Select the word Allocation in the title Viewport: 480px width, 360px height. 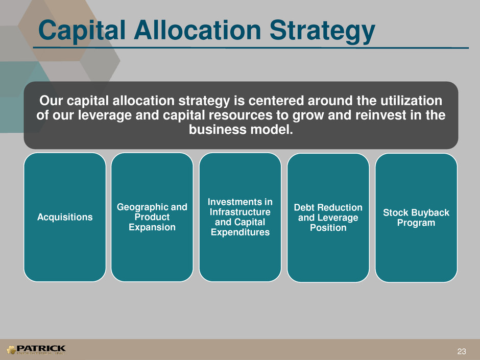coord(198,30)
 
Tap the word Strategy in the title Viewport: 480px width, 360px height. coord(322,31)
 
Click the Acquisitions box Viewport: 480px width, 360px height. coord(65,217)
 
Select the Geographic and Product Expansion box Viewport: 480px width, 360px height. coord(152,217)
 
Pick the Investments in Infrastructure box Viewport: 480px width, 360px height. coord(241,217)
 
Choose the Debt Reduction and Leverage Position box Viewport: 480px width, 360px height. coord(328,218)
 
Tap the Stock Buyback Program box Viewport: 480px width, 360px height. coord(416,218)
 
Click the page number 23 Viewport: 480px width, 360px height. coord(462,351)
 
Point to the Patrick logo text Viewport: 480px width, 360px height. coord(41,348)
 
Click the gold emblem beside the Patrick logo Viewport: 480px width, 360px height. coord(11,350)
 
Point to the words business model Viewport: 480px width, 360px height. coord(241,130)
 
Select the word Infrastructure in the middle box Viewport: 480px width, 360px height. coord(241,212)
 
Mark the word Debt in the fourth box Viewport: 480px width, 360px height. coord(304,207)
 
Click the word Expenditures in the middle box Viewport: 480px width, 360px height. coord(241,232)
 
